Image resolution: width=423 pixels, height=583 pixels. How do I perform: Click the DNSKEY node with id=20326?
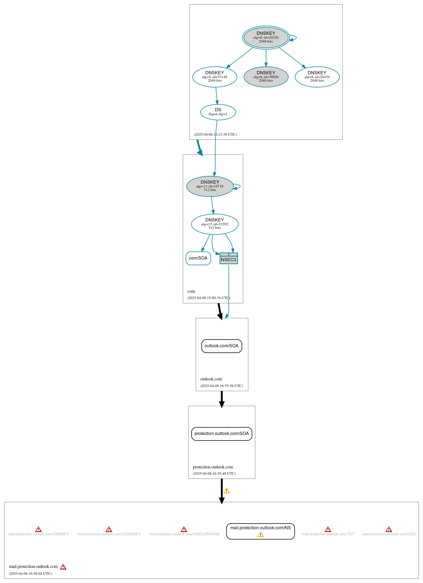coord(266,38)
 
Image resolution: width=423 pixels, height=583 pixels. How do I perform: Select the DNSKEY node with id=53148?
coord(215,77)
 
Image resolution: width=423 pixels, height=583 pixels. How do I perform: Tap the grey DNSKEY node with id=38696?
coord(266,77)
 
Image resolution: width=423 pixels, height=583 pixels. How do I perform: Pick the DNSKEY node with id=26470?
coord(317,77)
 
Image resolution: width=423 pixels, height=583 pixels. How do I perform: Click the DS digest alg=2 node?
coord(218,112)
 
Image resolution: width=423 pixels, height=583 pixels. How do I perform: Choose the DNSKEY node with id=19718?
coord(210,186)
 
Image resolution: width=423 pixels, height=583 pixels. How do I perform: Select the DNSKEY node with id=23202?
coord(215,224)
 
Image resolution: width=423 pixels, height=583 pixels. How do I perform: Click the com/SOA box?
coord(198,258)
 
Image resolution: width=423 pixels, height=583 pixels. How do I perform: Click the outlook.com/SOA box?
coord(222,346)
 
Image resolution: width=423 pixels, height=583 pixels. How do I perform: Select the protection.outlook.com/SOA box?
coord(222,434)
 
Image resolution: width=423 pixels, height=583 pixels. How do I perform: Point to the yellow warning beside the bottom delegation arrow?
coord(226,491)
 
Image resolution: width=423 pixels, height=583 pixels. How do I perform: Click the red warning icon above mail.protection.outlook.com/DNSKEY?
coord(38,529)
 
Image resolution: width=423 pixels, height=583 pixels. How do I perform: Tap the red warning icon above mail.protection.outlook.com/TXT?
coord(328,529)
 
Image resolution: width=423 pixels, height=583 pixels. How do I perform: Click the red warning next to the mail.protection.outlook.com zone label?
coord(63,567)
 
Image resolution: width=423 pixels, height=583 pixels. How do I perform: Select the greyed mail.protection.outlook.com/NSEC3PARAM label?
coord(184,534)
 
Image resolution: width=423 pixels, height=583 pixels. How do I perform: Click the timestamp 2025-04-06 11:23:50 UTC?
coord(215,135)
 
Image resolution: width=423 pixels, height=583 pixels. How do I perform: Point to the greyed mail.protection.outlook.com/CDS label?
coord(389,534)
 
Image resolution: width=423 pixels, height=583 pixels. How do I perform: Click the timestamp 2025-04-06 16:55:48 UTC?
coord(214,474)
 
